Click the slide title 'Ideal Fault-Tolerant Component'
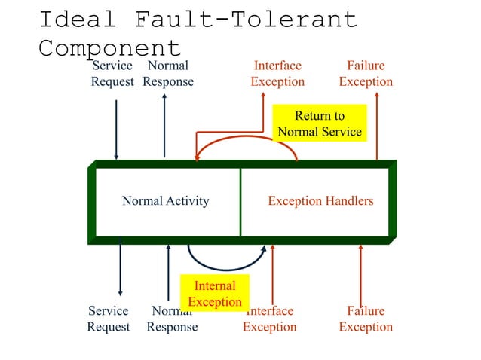[x=198, y=33]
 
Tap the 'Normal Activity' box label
[x=166, y=201]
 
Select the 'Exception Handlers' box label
[x=320, y=201]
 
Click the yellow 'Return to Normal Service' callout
[x=320, y=124]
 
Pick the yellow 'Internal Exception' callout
[x=215, y=294]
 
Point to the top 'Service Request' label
[x=112, y=73]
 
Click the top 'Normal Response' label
[x=168, y=73]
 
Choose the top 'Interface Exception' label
[x=277, y=73]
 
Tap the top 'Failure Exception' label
[x=366, y=73]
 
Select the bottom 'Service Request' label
[x=109, y=319]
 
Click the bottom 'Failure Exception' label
[x=366, y=319]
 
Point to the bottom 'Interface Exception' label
[x=270, y=319]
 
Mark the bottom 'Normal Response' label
[x=172, y=319]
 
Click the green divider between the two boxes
[x=240, y=201]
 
